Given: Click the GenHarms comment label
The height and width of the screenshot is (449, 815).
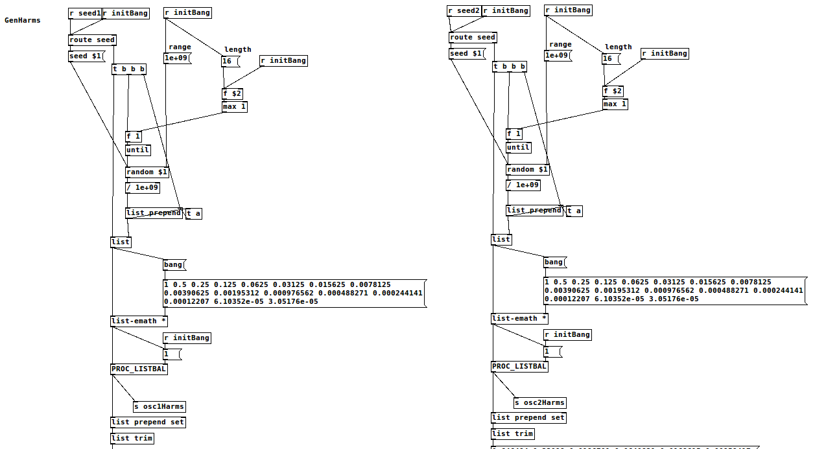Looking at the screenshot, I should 23,20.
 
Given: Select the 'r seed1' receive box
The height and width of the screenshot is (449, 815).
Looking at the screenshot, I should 85,13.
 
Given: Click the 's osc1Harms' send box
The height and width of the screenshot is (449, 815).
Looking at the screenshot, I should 159,407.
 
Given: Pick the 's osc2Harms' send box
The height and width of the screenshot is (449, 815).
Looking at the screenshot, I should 539,402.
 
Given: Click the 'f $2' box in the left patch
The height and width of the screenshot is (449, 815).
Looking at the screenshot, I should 232,93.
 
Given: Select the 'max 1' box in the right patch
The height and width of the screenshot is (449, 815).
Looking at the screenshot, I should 615,104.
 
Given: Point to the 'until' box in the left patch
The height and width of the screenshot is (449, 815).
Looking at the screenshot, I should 137,150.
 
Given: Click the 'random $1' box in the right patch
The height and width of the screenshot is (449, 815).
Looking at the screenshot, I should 528,169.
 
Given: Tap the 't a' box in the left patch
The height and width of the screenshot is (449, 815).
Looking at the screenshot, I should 194,214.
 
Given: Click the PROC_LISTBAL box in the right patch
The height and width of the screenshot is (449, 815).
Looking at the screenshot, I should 519,366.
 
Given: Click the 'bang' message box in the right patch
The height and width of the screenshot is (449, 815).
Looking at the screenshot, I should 554,262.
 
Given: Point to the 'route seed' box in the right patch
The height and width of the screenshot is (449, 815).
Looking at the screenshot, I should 473,37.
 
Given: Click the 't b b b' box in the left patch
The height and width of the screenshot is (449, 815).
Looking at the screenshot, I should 129,69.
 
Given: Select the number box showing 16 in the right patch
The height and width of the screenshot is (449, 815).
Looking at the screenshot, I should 610,58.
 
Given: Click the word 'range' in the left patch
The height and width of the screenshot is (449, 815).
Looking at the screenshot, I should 180,47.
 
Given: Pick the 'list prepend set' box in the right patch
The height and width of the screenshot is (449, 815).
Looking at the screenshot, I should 528,418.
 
